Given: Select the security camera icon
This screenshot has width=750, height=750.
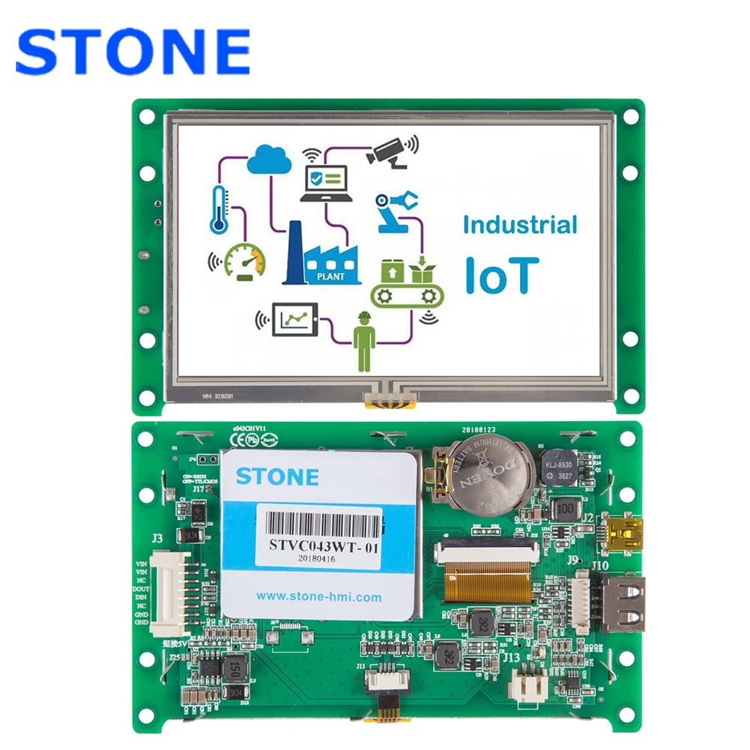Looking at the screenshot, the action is click(x=390, y=152).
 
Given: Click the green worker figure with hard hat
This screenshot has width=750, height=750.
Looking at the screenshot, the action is click(x=365, y=341).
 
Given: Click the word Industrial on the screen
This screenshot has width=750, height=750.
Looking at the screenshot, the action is click(x=519, y=226).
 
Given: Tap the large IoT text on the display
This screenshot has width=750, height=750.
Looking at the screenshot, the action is click(x=500, y=274).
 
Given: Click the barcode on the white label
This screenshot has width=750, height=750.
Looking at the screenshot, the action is click(x=319, y=521).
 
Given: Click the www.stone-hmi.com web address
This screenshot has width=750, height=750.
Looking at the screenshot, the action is click(x=319, y=597).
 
